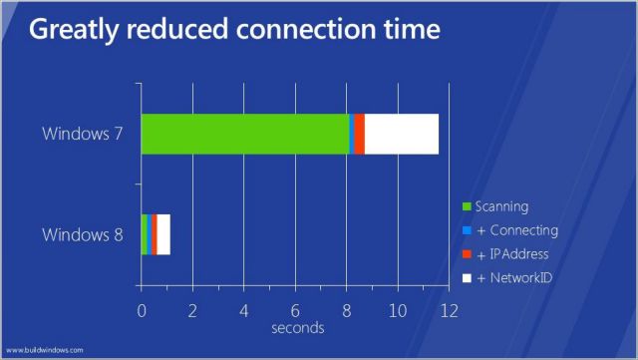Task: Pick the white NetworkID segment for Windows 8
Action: tap(163, 234)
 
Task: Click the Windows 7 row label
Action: tap(83, 133)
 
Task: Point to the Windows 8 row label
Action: tap(83, 235)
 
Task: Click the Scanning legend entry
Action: tap(502, 205)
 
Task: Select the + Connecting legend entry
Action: tap(515, 229)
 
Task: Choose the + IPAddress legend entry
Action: tap(512, 253)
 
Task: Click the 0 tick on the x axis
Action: tap(142, 310)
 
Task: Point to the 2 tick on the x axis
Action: tap(192, 310)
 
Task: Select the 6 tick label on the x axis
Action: tap(295, 310)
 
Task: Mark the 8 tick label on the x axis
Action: tap(347, 310)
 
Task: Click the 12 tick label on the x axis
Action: tap(448, 310)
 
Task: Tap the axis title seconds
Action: tap(297, 327)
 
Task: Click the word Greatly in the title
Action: tap(81, 31)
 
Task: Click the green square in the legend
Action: tap(468, 206)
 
